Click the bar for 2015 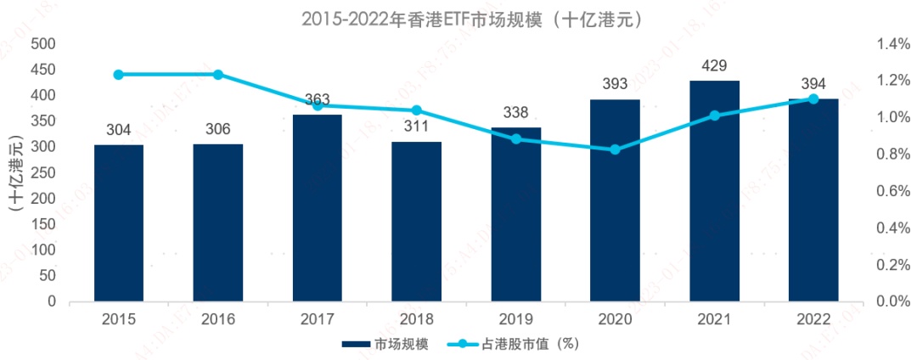119,222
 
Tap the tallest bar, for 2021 714,190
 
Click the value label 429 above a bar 714,65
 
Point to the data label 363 317,99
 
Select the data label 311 416,127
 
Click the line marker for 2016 218,75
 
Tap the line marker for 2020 615,149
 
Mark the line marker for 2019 515,138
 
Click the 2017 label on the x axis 317,319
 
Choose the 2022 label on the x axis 813,319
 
